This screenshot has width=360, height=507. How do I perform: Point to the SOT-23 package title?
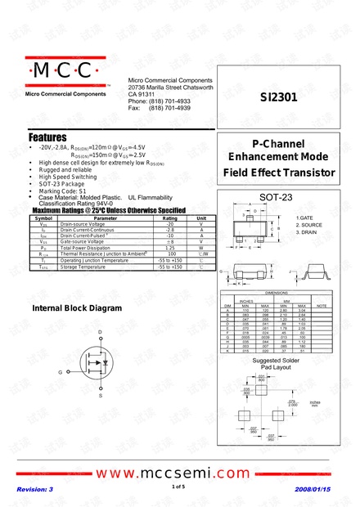pos(275,198)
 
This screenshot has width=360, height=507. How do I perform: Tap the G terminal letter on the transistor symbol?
pos(60,372)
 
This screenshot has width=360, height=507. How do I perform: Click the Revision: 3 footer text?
pos(35,489)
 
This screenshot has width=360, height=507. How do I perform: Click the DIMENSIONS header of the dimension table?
pos(276,292)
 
